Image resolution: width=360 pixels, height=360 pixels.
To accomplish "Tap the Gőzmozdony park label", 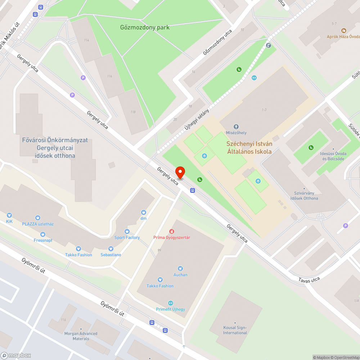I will pyautogui.click(x=145, y=27).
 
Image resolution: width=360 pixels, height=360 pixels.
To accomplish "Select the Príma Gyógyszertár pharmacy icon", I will pyautogui.click(x=172, y=231).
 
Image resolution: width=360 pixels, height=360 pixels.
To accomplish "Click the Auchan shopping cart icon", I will pyautogui.click(x=180, y=268).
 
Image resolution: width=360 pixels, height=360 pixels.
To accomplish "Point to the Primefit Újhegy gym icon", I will pyautogui.click(x=171, y=303).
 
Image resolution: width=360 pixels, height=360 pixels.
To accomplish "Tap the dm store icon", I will pyautogui.click(x=143, y=212).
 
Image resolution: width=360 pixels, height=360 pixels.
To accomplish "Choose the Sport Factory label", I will pyautogui.click(x=127, y=238).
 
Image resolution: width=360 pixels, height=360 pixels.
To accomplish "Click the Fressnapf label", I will pyautogui.click(x=43, y=240).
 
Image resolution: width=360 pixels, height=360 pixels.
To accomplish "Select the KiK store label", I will pyautogui.click(x=9, y=221).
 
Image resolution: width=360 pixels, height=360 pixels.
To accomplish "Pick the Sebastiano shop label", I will pyautogui.click(x=111, y=255).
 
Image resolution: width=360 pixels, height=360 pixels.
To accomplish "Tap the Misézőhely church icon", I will pyautogui.click(x=236, y=127).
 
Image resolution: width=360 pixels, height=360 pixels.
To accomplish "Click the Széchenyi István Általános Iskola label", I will pyautogui.click(x=249, y=148).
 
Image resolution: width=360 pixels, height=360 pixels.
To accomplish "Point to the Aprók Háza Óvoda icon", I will pyautogui.click(x=343, y=31).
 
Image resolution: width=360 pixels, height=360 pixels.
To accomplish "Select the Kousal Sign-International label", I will pyautogui.click(x=235, y=330).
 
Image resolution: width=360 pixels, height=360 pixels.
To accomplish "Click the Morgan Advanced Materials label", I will pyautogui.click(x=81, y=336).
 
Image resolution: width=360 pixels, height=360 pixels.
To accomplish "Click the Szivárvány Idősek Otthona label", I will pyautogui.click(x=306, y=196).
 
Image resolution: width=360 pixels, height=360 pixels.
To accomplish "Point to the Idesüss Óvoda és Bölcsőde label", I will pyautogui.click(x=333, y=156).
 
